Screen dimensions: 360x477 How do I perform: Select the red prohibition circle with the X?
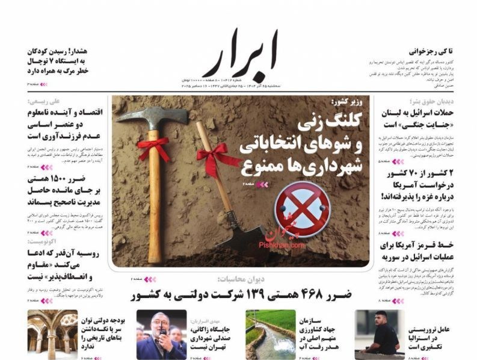302,209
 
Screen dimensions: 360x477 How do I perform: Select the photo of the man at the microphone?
161,334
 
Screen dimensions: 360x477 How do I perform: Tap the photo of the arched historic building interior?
53,334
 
